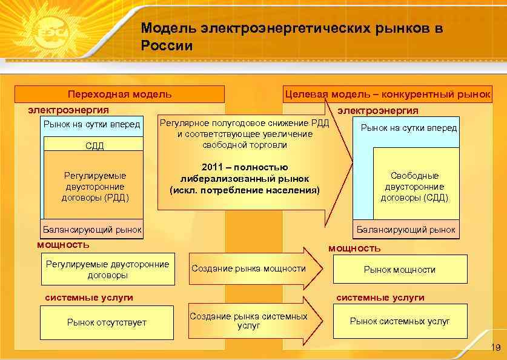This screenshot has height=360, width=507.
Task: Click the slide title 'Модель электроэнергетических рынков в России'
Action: pos(291,36)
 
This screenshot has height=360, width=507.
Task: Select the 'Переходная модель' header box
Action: pos(119,94)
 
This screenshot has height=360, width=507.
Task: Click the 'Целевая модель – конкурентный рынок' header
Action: pos(388,94)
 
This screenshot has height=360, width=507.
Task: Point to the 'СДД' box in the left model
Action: pos(94,145)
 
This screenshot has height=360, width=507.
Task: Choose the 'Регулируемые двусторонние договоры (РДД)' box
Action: pos(94,187)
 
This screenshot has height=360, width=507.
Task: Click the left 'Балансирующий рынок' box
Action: pos(92,230)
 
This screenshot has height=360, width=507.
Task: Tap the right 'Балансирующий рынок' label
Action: pos(406,230)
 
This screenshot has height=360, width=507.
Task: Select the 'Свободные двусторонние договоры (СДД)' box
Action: pos(414,186)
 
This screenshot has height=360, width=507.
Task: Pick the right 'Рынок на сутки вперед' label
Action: pos(409,128)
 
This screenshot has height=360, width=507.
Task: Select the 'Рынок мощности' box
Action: pos(400,270)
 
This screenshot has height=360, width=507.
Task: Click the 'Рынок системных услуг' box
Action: pos(400,321)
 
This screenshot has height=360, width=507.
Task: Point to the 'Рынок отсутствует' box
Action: pos(107,322)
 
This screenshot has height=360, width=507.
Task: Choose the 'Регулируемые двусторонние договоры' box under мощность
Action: pos(107,270)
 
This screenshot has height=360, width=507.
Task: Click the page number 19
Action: pos(495,348)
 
